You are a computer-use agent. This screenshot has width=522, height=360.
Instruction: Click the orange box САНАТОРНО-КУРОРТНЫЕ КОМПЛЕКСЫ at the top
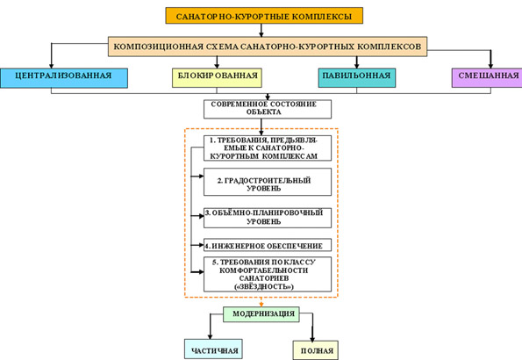click(x=264, y=16)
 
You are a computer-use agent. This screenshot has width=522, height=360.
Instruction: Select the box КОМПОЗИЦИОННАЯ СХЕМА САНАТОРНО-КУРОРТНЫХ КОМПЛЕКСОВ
click(x=268, y=47)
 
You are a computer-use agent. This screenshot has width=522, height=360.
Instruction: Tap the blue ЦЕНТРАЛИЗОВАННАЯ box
click(x=64, y=78)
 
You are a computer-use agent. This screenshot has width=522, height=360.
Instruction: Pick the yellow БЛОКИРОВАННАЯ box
click(x=217, y=77)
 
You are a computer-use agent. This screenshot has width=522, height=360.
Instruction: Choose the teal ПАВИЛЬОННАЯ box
click(x=357, y=77)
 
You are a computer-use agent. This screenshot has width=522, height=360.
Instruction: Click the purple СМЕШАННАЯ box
click(x=487, y=77)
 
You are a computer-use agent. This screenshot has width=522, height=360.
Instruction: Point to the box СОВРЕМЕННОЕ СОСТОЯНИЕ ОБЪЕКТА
click(x=268, y=109)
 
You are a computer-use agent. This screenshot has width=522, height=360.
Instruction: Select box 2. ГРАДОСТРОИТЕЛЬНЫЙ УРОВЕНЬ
click(x=268, y=182)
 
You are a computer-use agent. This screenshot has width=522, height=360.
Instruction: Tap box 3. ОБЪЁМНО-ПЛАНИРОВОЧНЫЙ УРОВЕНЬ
click(x=268, y=218)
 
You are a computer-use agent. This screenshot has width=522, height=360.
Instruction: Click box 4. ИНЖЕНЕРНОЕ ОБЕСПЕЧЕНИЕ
click(x=268, y=245)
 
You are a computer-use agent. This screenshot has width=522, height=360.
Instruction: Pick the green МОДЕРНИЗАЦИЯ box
click(x=261, y=314)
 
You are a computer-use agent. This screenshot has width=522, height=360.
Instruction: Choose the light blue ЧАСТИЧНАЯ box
click(x=213, y=349)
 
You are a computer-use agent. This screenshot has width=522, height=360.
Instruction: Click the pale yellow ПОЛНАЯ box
click(x=316, y=350)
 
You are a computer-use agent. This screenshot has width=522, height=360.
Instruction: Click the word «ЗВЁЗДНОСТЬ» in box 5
click(x=264, y=286)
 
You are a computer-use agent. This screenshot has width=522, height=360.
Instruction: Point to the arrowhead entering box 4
click(x=201, y=245)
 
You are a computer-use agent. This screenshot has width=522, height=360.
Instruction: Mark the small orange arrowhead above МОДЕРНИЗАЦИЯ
click(x=261, y=305)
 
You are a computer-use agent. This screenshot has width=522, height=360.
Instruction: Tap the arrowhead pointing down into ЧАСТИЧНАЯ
click(x=210, y=336)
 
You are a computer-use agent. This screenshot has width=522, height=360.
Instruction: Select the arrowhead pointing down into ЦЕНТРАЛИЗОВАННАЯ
click(x=51, y=65)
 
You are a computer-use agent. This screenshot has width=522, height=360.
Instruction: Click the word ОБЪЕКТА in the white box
click(x=264, y=112)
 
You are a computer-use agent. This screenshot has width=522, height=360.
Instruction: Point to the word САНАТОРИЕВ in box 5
click(x=264, y=278)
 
